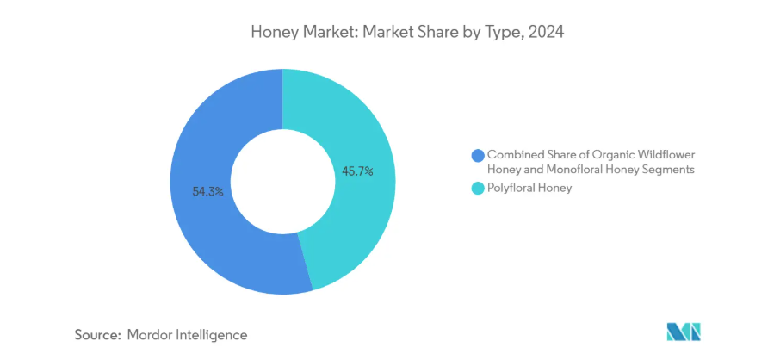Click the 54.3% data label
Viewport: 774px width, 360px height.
(208, 192)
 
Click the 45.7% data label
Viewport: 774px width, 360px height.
(357, 171)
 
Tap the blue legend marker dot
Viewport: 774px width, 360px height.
(478, 155)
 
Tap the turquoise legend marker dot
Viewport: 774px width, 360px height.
(478, 189)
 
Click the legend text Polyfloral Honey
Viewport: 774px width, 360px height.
(529, 189)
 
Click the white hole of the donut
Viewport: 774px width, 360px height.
(283, 181)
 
